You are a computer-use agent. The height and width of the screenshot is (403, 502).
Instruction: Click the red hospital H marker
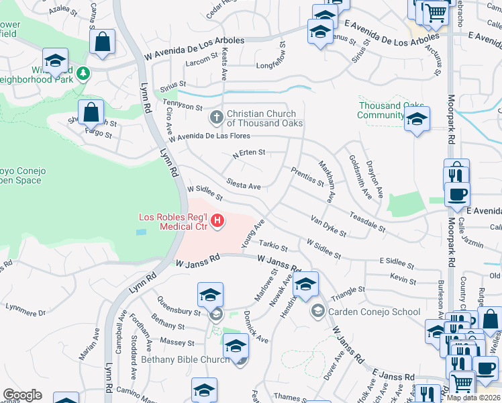coord(217,220)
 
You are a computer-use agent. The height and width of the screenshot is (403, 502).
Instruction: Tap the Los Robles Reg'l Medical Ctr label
coord(174,221)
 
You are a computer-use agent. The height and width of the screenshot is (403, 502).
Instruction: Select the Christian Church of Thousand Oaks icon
coord(217,118)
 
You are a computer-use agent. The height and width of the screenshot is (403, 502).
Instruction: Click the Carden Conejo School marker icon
coord(317,311)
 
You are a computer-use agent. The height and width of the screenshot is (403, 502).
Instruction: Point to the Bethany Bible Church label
coord(185,360)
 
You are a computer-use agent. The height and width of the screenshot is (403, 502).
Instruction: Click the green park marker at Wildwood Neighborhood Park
coord(83,72)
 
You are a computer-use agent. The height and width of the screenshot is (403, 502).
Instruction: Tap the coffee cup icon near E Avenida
coord(457,194)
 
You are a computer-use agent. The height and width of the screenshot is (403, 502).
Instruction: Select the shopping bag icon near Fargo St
coord(91,111)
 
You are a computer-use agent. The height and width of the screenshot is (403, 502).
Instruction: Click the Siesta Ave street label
coord(243,185)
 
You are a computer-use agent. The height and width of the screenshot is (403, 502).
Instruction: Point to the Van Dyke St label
coord(328,226)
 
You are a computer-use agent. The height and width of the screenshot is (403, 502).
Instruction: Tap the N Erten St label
coord(248,153)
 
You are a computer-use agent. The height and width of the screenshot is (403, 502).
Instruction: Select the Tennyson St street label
coord(182,106)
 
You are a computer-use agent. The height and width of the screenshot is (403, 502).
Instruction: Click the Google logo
coord(22,395)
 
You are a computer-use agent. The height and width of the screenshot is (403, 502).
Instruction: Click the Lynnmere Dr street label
coord(25,312)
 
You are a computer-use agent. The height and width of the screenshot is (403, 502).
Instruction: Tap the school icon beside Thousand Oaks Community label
coord(417,120)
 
